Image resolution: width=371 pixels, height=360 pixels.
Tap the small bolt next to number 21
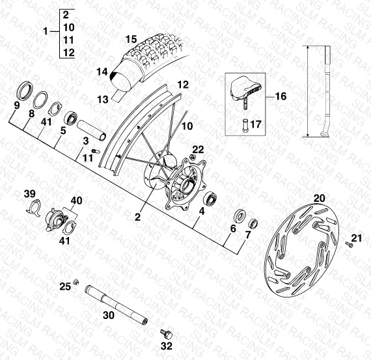pyautogui.click(x=349, y=244)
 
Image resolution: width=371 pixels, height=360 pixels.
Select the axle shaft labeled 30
pyautogui.click(x=116, y=305)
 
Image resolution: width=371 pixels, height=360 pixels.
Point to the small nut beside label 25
pyautogui.click(x=76, y=282)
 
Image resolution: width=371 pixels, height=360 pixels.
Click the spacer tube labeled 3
pyautogui.click(x=91, y=130)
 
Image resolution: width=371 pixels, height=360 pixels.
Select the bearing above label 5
pyautogui.click(x=71, y=118)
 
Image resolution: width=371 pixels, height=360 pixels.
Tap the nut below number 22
pyautogui.click(x=193, y=157)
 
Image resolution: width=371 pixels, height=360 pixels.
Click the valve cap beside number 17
pyautogui.click(x=245, y=126)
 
